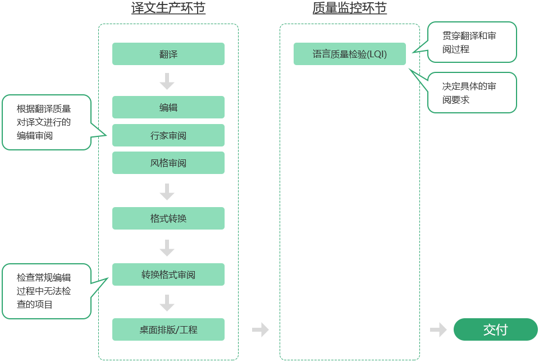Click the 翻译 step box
pos(168,54)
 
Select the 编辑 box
pos(168,107)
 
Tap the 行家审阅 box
pos(168,135)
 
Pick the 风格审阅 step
pos(168,163)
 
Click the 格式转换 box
pos(168,218)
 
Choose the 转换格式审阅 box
pos(168,274)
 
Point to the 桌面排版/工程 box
pos(168,329)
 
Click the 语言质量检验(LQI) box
pos(349,54)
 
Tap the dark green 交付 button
pos(495,329)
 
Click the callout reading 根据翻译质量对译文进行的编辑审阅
pos(46,122)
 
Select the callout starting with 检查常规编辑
pos(46,291)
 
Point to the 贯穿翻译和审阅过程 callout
pos(472,42)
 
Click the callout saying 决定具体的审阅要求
pos(472,93)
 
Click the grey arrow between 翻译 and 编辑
pos(167,81)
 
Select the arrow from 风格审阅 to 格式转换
pos(167,191)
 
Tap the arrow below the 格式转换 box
pos(167,248)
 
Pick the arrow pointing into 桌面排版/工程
pos(167,303)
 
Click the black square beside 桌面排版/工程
pos(261,329)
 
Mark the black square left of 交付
pos(438,329)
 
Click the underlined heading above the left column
pos(168,8)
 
